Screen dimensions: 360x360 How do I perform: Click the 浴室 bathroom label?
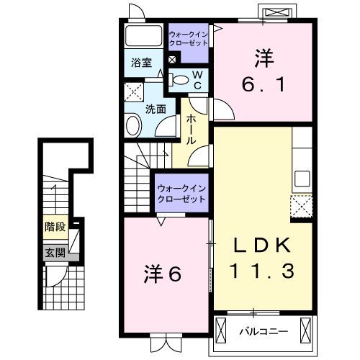140,63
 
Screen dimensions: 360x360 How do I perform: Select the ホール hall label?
192,130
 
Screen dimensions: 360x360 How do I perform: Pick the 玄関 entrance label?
55,253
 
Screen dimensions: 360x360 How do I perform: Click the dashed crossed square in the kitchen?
302,207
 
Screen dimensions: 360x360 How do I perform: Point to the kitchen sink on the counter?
302,178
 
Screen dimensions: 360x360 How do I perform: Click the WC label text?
198,79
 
